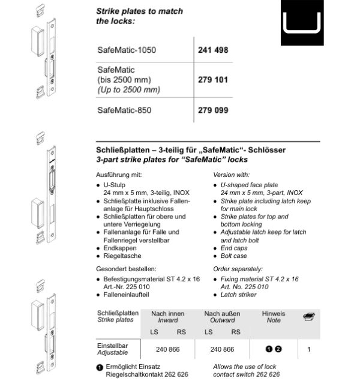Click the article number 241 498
pyautogui.click(x=213, y=50)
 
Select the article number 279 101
pyautogui.click(x=213, y=79)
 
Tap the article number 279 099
pyautogui.click(x=213, y=110)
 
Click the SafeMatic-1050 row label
pyautogui.click(x=127, y=50)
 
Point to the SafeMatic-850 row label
pyautogui.click(x=124, y=110)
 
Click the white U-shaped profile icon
pyautogui.click(x=302, y=23)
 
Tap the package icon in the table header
pyautogui.click(x=309, y=316)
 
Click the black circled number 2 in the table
pyautogui.click(x=278, y=349)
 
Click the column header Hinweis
pyautogui.click(x=274, y=314)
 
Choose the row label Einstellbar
pyautogui.click(x=113, y=346)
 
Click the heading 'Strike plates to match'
pyautogui.click(x=140, y=11)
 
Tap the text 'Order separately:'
pyautogui.click(x=238, y=269)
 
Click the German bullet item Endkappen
pyautogui.click(x=120, y=248)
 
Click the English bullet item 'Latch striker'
pyautogui.click(x=241, y=295)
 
